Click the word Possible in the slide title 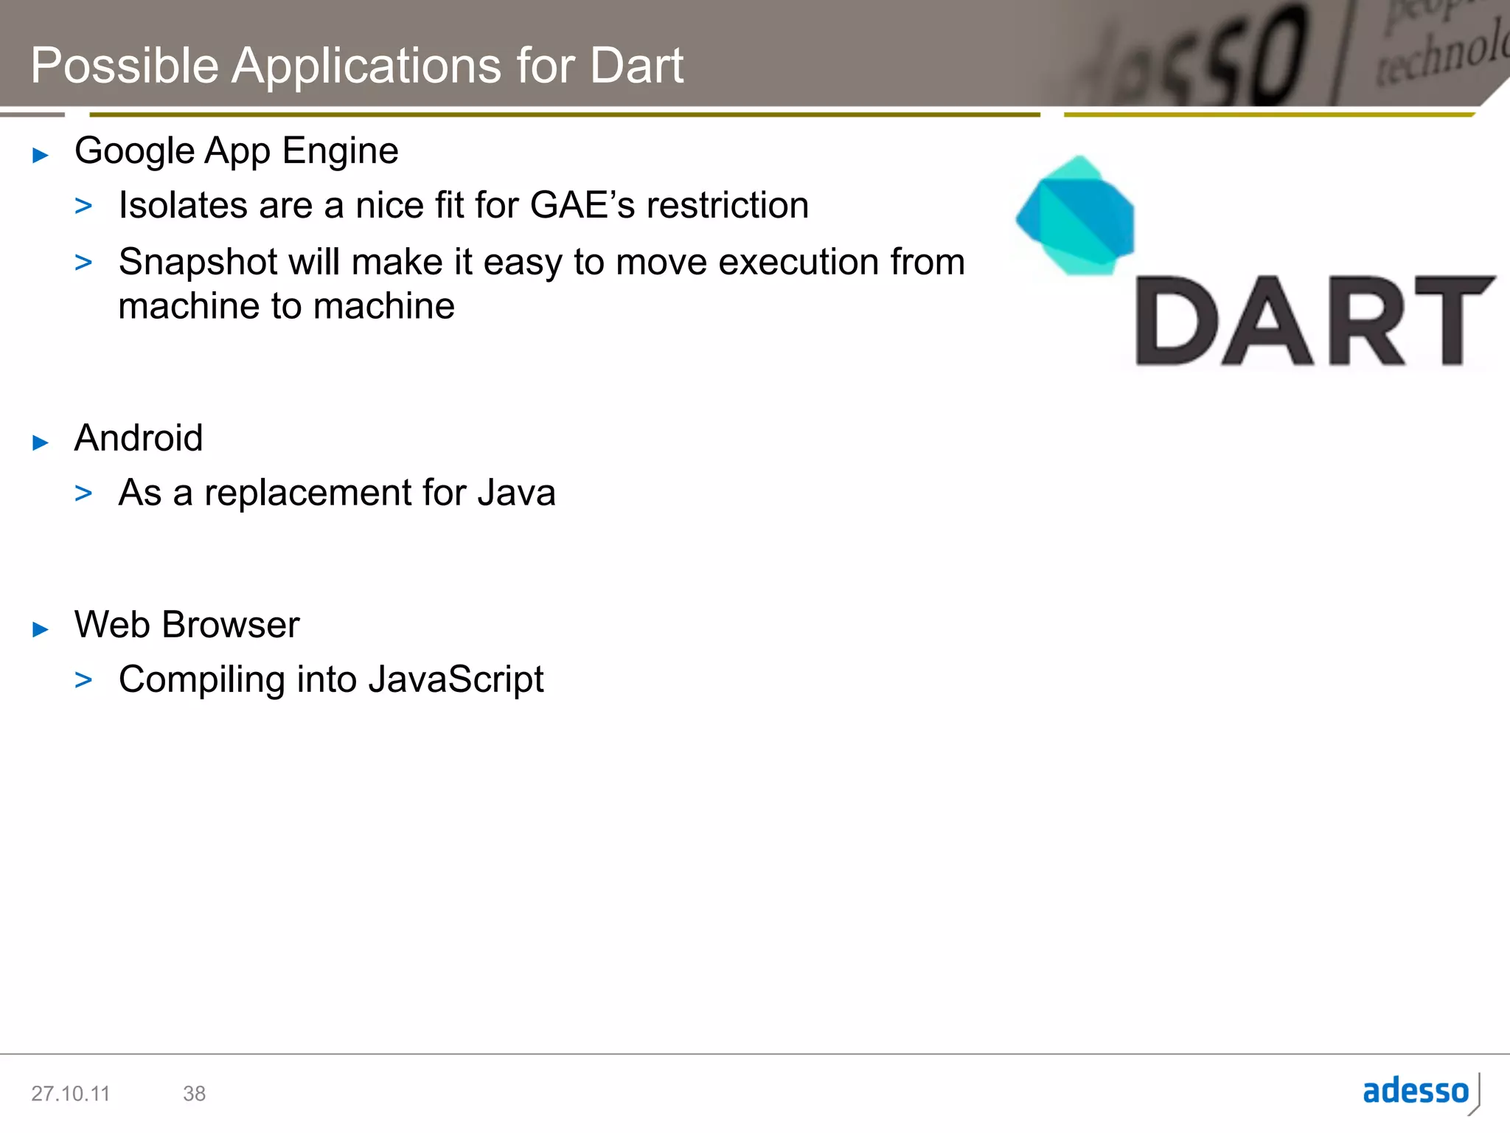(x=125, y=66)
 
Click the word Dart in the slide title (x=636, y=66)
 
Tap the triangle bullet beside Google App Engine (x=41, y=156)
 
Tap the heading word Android (x=139, y=438)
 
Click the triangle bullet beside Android (x=41, y=443)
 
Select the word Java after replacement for (x=516, y=493)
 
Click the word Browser (x=231, y=625)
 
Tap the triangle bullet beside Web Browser (x=41, y=629)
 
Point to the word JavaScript (x=456, y=680)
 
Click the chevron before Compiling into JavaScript (x=83, y=680)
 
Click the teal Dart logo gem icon (x=1076, y=216)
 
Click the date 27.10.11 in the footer (x=70, y=1093)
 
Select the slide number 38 (x=194, y=1093)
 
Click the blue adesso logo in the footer (x=1416, y=1091)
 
